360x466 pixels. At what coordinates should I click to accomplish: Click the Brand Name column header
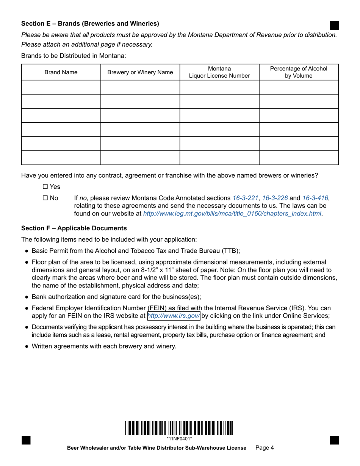pos(61,72)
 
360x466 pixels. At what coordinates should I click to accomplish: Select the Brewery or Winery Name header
pos(140,72)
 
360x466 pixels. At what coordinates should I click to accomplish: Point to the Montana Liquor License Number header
pos(219,72)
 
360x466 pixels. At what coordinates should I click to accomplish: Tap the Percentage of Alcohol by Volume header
pos(299,72)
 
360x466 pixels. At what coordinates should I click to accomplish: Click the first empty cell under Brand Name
pos(61,87)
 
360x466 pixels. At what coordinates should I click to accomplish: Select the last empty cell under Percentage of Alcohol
pos(299,158)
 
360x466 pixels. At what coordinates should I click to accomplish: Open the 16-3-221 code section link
pos(245,198)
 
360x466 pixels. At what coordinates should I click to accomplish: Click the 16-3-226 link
pos(275,198)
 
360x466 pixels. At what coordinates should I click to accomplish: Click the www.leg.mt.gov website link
pos(232,214)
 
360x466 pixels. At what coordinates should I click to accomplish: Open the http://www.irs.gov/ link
pos(174,316)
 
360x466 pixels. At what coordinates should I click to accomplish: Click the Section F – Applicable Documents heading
pos(74,228)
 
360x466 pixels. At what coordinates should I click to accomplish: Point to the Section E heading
pos(90,23)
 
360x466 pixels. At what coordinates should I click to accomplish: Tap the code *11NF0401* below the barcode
pos(179,439)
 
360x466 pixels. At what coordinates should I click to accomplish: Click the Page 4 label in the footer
pos(265,448)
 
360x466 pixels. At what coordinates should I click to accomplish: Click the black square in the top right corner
pos(334,25)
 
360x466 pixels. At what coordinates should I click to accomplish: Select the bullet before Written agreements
pos(27,346)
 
